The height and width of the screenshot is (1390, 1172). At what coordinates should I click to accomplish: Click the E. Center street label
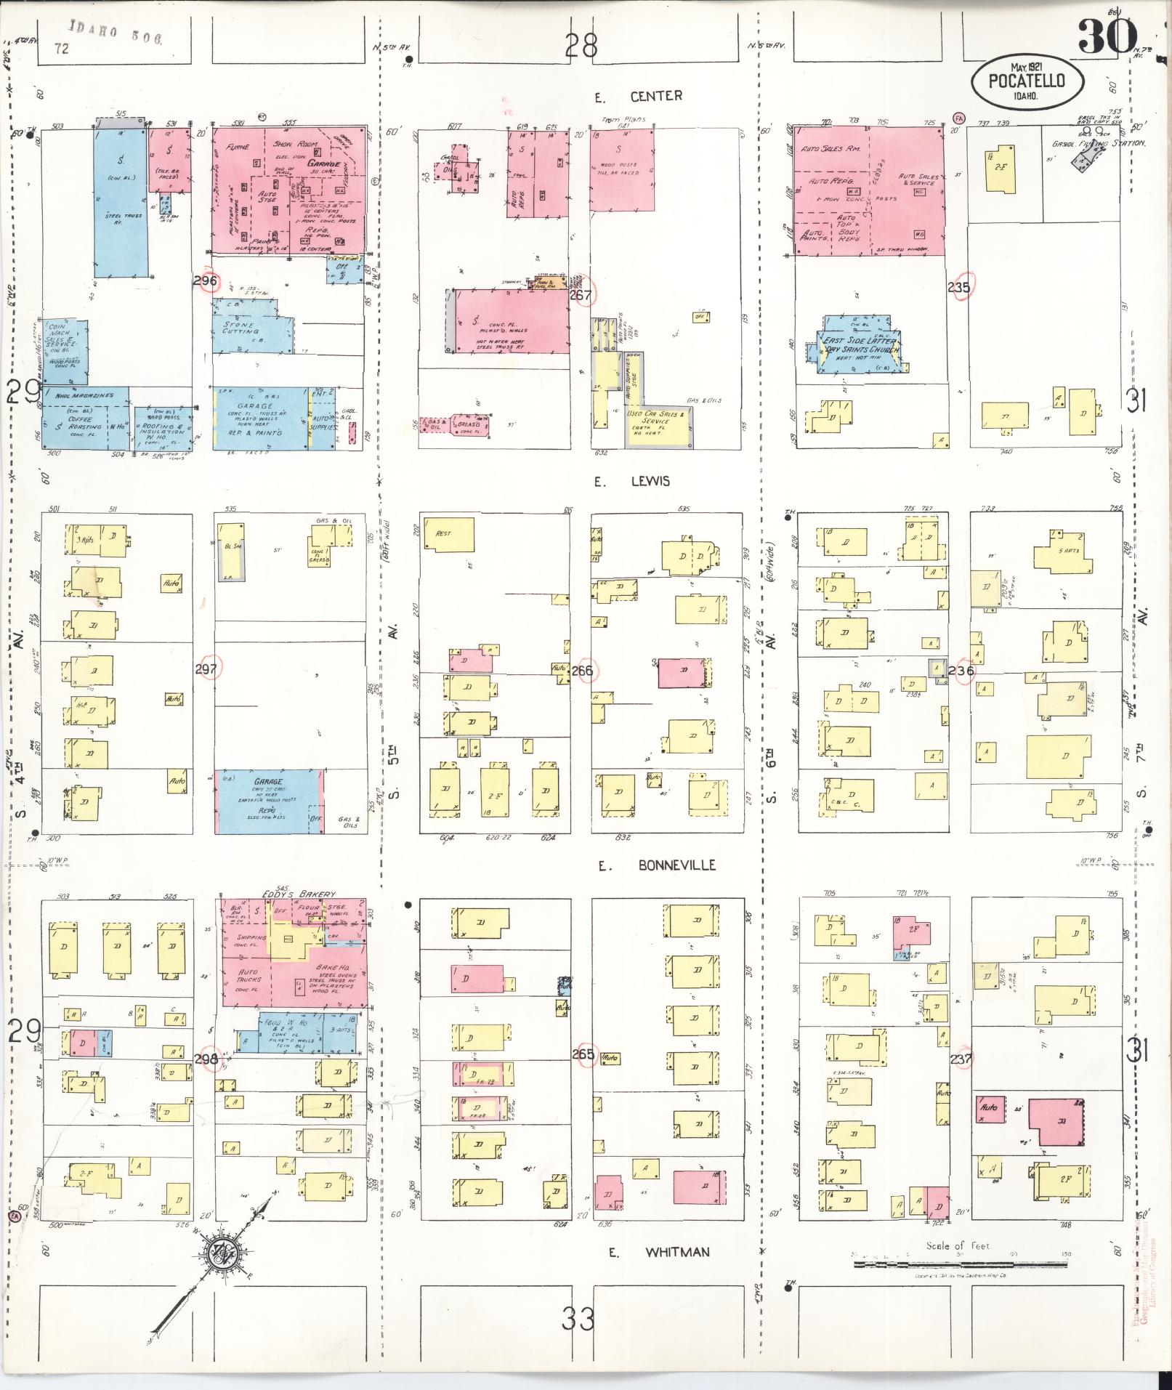tap(636, 97)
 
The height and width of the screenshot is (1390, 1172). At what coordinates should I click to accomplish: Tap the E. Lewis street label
tap(631, 482)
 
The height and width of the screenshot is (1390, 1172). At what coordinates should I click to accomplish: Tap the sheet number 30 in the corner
tap(1107, 36)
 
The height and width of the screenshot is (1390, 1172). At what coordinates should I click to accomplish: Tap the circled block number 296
tap(206, 280)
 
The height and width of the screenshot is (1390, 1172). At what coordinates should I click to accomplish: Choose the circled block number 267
tap(581, 295)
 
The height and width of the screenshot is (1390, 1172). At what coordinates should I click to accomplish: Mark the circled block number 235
tap(959, 288)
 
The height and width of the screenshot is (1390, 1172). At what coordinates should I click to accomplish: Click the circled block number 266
tap(581, 671)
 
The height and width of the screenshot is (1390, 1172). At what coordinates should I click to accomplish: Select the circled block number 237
tap(961, 1059)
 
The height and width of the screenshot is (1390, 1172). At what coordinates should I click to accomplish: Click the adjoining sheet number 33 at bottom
tap(578, 1317)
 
